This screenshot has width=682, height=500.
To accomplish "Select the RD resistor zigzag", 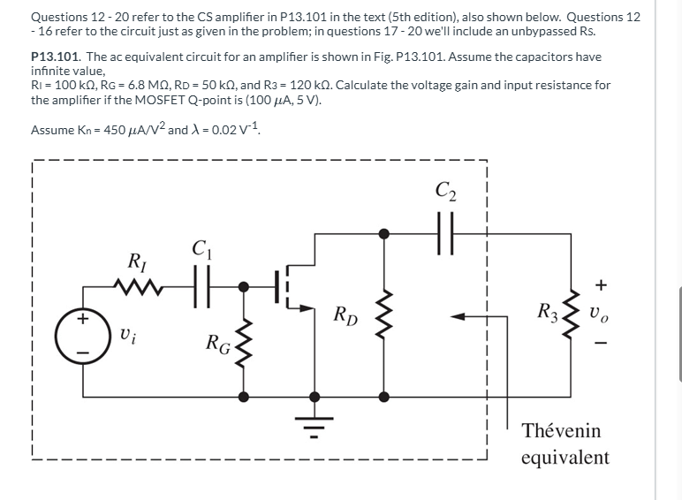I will [383, 314].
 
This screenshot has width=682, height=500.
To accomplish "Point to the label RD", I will [346, 316].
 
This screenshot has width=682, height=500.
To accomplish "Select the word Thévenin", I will [560, 431].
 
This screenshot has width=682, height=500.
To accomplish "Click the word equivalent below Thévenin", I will [565, 457].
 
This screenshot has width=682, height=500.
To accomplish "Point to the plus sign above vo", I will [602, 284].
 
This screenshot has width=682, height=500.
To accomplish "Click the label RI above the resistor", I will [138, 261].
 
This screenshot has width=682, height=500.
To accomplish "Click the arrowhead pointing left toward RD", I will [458, 315].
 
